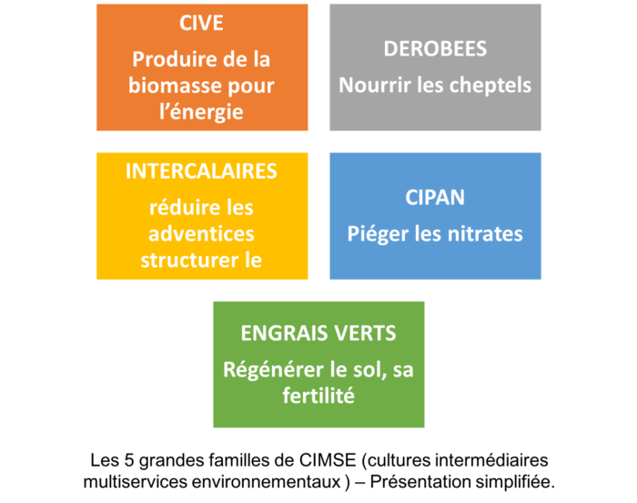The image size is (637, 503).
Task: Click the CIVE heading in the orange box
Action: click(201, 23)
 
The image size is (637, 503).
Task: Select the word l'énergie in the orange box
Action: click(201, 112)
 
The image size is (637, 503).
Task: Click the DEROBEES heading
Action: click(435, 49)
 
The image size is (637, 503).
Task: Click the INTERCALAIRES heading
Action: click(201, 171)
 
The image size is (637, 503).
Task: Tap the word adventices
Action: click(201, 234)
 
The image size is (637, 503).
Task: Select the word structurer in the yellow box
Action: click(189, 261)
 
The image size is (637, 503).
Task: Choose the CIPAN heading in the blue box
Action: click(435, 198)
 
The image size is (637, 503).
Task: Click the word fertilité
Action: click(318, 395)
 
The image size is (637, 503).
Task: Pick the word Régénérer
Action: click(273, 370)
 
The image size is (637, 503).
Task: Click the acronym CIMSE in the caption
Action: click(328, 460)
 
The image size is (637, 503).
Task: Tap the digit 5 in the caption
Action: click(129, 460)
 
